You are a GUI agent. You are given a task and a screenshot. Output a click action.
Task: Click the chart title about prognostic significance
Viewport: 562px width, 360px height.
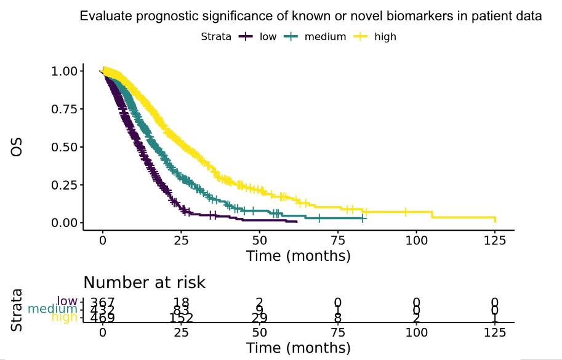(x=311, y=17)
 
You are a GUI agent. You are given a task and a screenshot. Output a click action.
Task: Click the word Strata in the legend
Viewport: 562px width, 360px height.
(x=216, y=37)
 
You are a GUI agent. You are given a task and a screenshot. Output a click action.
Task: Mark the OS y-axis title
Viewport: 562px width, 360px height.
(x=17, y=146)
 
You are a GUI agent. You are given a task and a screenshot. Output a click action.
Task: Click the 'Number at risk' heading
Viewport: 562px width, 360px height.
(x=144, y=282)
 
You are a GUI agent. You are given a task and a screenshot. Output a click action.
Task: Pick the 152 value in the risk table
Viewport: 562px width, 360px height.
(x=181, y=318)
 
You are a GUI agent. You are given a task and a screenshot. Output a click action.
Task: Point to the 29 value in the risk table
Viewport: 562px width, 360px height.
(x=259, y=318)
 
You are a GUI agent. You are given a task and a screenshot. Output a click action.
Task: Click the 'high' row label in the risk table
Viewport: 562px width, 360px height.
(x=65, y=318)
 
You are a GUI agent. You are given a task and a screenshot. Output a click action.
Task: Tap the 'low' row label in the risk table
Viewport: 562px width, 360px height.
(x=67, y=302)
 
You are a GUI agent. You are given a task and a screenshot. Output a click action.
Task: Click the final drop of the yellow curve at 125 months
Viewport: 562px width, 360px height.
(x=495, y=220)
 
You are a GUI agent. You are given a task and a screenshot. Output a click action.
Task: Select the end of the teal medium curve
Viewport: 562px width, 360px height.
(x=365, y=218)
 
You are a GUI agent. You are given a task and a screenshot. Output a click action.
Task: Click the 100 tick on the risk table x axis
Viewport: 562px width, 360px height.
(x=416, y=332)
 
